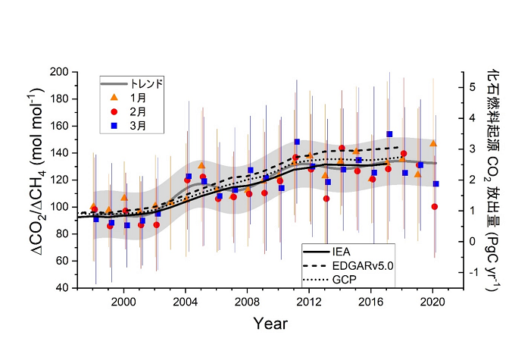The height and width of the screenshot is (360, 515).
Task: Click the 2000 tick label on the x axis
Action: (123, 302)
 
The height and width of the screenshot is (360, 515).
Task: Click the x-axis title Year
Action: (270, 324)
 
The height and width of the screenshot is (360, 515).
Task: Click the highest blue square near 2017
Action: (389, 134)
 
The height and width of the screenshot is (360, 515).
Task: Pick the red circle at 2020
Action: (434, 206)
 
